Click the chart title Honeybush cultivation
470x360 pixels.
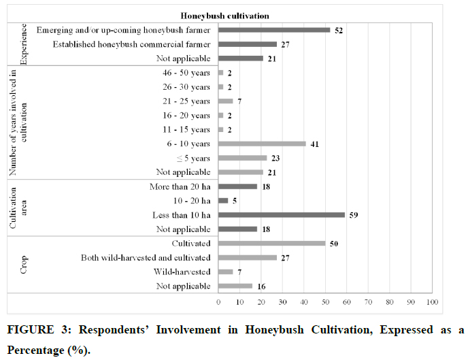222,15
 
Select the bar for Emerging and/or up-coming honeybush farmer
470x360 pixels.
274,30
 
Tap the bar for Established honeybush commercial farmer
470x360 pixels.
248,44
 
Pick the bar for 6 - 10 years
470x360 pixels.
262,144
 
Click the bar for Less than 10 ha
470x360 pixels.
282,215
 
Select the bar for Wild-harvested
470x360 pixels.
226,272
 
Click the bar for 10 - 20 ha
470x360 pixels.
224,201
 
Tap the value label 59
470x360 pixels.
353,215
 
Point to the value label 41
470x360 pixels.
314,144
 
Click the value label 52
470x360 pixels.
338,30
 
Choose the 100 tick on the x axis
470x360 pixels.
432,301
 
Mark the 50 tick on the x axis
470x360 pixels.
325,301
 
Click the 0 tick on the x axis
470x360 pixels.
218,301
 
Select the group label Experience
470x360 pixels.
23,44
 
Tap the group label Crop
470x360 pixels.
23,265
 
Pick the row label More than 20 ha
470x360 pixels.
180,186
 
